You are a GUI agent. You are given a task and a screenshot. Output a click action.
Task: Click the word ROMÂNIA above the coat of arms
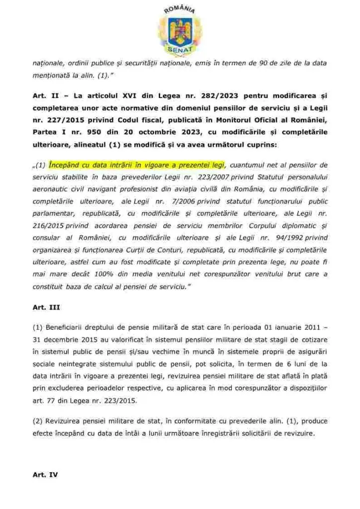click(x=180, y=9)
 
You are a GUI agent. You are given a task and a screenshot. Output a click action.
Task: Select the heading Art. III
click(x=46, y=308)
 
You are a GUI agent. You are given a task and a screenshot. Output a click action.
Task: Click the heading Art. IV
click(x=45, y=475)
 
